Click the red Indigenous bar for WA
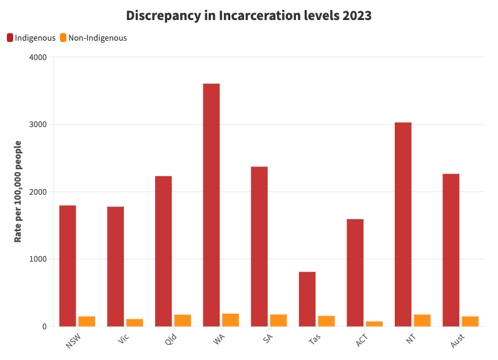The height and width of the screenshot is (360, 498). coord(211,205)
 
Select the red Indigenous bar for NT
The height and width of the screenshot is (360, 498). coord(403,224)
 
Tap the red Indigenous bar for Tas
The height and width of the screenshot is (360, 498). coord(307,299)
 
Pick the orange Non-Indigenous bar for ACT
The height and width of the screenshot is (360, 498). coord(374,324)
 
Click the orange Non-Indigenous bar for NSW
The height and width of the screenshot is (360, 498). coord(87,321)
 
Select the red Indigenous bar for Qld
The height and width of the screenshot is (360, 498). coord(163,251)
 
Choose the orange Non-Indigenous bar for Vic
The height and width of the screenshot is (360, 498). coord(135,322)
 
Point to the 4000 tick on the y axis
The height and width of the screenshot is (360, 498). coord(38,58)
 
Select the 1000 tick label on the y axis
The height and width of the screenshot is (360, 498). coord(38,259)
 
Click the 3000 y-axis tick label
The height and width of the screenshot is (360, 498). coord(38,125)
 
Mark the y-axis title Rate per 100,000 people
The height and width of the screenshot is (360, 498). coord(18,192)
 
